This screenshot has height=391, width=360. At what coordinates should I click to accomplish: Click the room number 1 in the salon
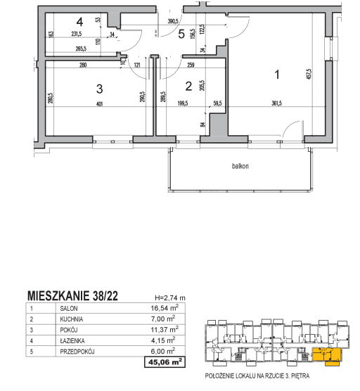pos(277,75)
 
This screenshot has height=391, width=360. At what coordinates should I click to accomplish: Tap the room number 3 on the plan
pos(99,89)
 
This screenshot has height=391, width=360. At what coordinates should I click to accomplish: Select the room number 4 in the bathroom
pos(79,22)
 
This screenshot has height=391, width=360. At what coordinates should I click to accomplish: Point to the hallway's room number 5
pos(181,34)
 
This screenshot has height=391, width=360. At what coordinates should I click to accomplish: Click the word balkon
pos(240,166)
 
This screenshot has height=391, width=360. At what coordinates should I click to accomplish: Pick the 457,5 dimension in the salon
pos(309,74)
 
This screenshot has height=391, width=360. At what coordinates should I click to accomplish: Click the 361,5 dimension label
pos(276,103)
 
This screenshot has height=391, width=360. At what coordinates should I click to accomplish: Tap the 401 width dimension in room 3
pos(99,104)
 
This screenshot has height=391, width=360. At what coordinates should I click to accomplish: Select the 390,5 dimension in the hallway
pos(173,21)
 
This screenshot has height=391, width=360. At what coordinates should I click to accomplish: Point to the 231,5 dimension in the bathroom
pos(77,34)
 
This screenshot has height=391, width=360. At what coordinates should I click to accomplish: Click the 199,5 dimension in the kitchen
pos(183,103)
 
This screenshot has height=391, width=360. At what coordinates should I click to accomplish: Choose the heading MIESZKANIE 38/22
pos(72,296)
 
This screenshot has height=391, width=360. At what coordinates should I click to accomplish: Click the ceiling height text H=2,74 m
pos(170,297)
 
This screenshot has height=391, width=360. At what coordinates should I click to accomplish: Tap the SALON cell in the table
pos(69,309)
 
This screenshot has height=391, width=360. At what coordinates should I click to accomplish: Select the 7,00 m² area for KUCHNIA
pos(163,319)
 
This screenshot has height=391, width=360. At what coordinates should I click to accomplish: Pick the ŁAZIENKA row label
pos(72,340)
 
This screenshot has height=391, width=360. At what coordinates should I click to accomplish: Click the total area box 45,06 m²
pos(165,362)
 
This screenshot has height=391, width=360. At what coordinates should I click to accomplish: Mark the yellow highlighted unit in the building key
pos(327,355)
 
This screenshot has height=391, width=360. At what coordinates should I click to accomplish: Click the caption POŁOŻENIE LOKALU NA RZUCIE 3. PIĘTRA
pos(257,376)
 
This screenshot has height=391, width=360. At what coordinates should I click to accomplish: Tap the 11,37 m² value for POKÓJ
pos(165,329)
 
